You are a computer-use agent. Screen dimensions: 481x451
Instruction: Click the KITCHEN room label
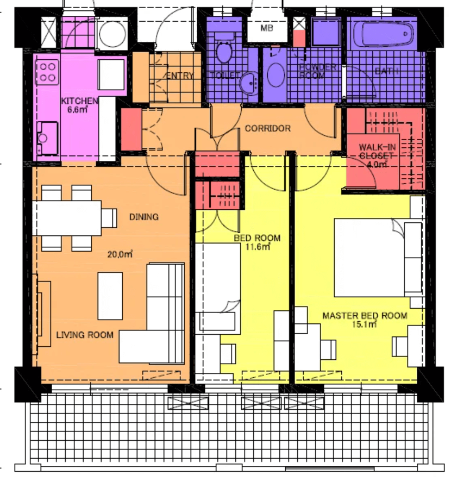click(x=79, y=101)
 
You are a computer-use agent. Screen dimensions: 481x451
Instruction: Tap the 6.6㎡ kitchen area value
click(x=78, y=109)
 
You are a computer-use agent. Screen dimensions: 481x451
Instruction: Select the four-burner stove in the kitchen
click(x=47, y=72)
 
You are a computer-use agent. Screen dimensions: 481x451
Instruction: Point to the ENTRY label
click(x=179, y=76)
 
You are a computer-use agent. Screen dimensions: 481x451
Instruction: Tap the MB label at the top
click(x=266, y=28)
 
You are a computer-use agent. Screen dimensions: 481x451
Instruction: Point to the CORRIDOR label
click(x=267, y=129)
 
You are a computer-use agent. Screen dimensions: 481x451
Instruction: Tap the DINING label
click(x=143, y=217)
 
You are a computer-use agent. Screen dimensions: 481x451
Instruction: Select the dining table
click(x=68, y=217)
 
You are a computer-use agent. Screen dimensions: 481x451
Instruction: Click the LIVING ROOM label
click(x=85, y=335)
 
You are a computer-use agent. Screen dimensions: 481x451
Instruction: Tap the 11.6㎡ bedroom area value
click(x=257, y=247)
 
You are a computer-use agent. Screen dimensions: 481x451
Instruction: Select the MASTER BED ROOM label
click(x=365, y=316)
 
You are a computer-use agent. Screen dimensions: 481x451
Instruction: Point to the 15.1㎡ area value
click(x=365, y=324)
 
